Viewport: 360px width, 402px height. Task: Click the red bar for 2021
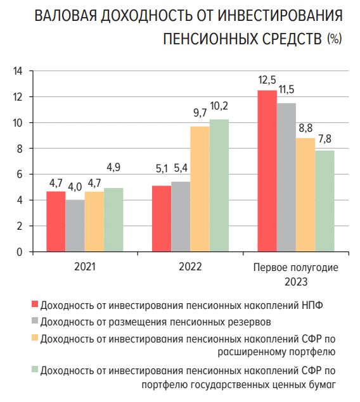pos(56,221)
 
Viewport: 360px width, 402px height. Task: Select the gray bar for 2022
pos(181,217)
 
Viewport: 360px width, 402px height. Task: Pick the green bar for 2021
pos(113,220)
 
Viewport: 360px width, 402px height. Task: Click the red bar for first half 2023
pos(267,171)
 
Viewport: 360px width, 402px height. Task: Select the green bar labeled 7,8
pos(325,201)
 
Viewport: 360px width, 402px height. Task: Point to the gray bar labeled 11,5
pos(286,177)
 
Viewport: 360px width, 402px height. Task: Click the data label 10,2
pos(219,106)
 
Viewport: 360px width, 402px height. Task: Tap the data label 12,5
pos(267,80)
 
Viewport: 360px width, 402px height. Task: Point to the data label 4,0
pos(75,187)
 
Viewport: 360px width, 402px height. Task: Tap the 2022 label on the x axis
pos(190,267)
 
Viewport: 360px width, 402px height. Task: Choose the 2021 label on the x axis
pos(84,267)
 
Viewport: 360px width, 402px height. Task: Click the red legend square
pos(34,304)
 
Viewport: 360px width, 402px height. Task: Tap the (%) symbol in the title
pos(334,39)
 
